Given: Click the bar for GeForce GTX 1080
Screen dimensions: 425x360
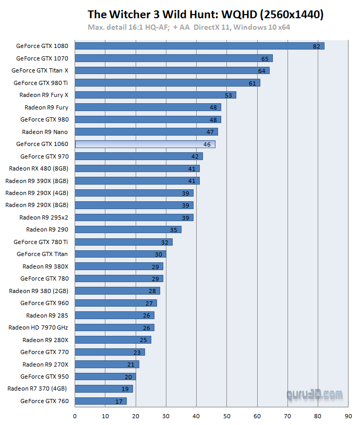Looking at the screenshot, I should pyautogui.click(x=199, y=46).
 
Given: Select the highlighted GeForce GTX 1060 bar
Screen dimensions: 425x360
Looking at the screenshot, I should pyautogui.click(x=145, y=144).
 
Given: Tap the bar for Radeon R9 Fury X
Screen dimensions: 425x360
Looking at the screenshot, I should pyautogui.click(x=155, y=95).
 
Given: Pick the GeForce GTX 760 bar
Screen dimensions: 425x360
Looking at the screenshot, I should pyautogui.click(x=101, y=401).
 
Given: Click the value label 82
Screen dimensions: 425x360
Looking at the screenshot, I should pyautogui.click(x=316, y=46).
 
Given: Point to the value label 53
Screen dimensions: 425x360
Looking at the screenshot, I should pyautogui.click(x=228, y=95).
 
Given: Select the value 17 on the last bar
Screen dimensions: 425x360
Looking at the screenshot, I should pyautogui.click(x=119, y=402).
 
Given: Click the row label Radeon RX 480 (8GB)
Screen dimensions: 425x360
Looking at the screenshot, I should pyautogui.click(x=39, y=168).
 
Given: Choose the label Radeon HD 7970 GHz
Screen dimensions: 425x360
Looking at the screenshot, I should pyautogui.click(x=38, y=327).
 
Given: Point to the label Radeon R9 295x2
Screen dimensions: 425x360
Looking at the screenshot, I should pyautogui.click(x=44, y=217).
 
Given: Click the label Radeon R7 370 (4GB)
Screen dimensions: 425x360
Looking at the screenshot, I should pyautogui.click(x=38, y=388).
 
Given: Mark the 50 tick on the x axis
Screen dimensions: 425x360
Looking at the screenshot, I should pyautogui.click(x=227, y=416).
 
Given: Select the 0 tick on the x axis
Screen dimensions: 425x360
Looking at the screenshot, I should pyautogui.click(x=75, y=416).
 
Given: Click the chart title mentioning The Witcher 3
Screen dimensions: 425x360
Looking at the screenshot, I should pyautogui.click(x=206, y=15).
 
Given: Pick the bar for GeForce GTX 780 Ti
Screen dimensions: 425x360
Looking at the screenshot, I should pyautogui.click(x=124, y=242).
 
